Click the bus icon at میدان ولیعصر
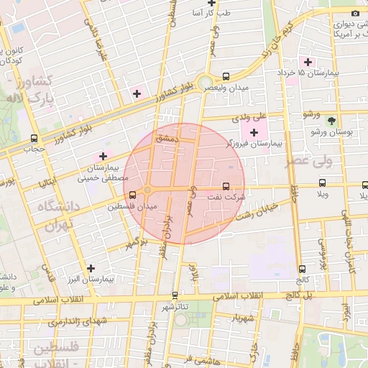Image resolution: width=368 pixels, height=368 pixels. click(226, 76)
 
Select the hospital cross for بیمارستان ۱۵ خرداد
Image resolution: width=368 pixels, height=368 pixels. click(308, 62)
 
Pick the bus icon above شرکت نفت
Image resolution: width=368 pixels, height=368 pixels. click(228, 185)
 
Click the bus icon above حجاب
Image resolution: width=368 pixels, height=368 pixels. click(34, 138)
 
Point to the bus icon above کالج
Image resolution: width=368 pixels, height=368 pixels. click(301, 269)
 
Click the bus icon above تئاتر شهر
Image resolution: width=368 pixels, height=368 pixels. click(175, 295)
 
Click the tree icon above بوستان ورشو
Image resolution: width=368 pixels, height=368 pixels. click(331, 121)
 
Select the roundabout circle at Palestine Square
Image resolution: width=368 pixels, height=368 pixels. click(147, 190)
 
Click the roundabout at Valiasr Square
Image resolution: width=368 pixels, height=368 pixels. click(206, 82)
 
